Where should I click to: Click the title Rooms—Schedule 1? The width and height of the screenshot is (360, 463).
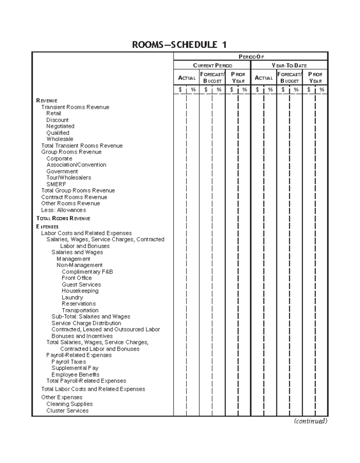pyautogui.click(x=179, y=45)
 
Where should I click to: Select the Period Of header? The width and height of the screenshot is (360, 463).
pyautogui.click(x=251, y=57)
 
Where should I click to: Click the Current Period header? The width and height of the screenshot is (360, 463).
pyautogui.click(x=212, y=65)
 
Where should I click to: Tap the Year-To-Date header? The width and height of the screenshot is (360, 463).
pyautogui.click(x=289, y=65)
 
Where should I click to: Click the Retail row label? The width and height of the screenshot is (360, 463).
pyautogui.click(x=54, y=113)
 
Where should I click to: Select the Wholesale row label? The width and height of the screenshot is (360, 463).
pyautogui.click(x=60, y=139)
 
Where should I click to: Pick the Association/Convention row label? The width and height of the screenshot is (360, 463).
pyautogui.click(x=76, y=165)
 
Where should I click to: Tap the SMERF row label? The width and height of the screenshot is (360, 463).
pyautogui.click(x=56, y=184)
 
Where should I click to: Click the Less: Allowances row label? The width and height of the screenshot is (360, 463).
pyautogui.click(x=64, y=210)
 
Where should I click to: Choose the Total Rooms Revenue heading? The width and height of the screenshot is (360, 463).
pyautogui.click(x=63, y=218)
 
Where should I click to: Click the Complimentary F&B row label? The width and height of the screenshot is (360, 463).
pyautogui.click(x=87, y=272)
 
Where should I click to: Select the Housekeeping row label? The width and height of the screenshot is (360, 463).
pyautogui.click(x=80, y=291)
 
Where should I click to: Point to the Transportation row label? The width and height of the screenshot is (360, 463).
pyautogui.click(x=80, y=310)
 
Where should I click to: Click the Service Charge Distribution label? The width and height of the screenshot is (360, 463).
pyautogui.click(x=86, y=323)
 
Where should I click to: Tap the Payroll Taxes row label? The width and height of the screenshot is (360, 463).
pyautogui.click(x=69, y=362)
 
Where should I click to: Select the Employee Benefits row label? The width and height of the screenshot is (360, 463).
pyautogui.click(x=75, y=374)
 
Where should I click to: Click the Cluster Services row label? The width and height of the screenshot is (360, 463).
pyautogui.click(x=67, y=410)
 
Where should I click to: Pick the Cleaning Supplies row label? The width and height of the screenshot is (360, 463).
pyautogui.click(x=69, y=404)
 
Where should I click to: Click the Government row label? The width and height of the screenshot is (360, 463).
pyautogui.click(x=62, y=171)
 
